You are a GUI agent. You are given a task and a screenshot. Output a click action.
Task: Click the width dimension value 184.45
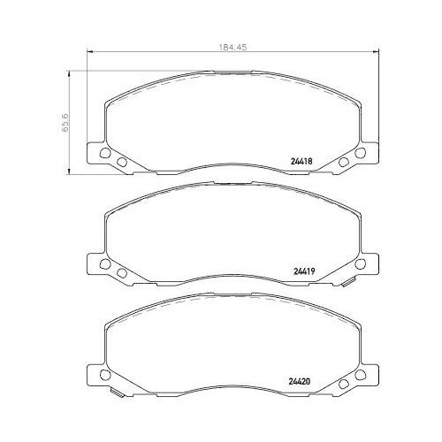232,47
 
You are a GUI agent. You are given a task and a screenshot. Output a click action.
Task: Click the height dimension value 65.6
65,122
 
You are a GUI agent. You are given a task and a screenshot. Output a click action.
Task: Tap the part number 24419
304,271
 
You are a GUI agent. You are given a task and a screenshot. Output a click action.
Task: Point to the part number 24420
300,381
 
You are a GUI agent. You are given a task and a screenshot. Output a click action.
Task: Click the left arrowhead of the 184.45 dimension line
90,52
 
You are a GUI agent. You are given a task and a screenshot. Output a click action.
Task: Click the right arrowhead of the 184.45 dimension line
376,52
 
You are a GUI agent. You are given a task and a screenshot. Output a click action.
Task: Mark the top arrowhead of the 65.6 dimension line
69,73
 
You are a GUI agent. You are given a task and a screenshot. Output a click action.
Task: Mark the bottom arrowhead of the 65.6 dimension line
69,171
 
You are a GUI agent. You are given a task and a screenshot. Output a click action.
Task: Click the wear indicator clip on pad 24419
347,283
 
